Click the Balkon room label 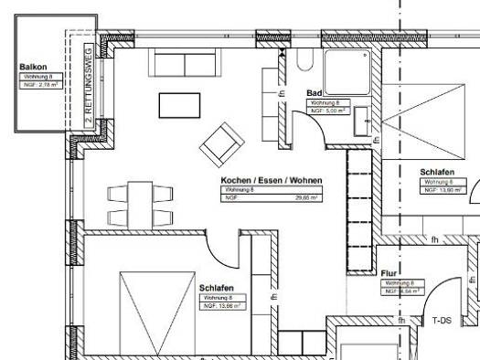(33, 68)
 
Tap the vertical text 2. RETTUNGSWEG (88, 88)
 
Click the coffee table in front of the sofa (181, 105)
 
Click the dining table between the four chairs (140, 205)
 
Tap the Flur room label (389, 272)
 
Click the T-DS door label (443, 321)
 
